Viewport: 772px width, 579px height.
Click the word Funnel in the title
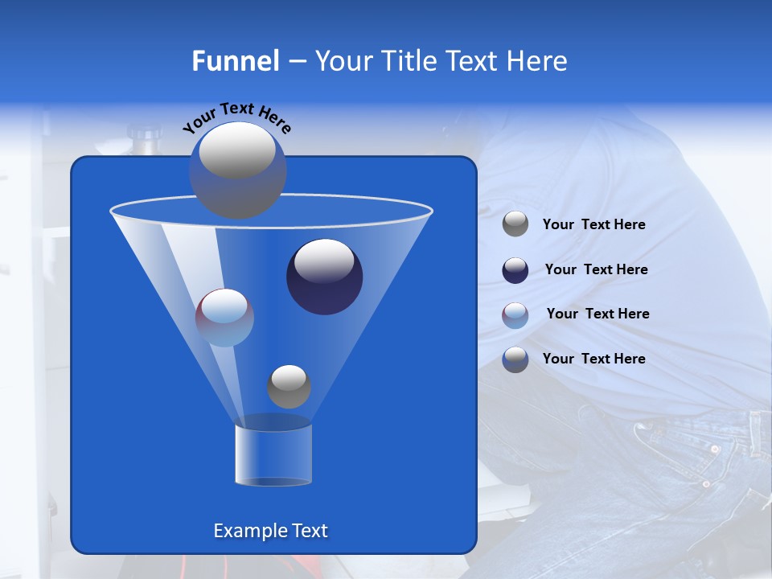coord(235,61)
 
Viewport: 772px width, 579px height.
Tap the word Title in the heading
coord(407,61)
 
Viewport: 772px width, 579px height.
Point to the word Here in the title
coord(538,61)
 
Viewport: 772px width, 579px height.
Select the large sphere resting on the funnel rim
coord(237,170)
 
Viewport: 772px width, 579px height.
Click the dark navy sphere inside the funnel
coord(325,277)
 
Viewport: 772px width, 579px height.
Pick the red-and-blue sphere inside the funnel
coord(224,318)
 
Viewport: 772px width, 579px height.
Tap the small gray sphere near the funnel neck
coord(289,386)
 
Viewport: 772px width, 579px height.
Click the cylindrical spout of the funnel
coord(273,454)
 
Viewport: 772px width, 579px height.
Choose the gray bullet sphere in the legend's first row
coord(515,224)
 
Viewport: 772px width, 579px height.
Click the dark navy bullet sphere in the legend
coord(515,270)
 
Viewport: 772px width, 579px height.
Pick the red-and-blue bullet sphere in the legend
coord(515,315)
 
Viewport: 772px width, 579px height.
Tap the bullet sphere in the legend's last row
coord(515,359)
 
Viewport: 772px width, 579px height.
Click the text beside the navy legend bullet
coord(596,269)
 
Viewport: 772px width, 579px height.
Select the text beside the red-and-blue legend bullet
coord(597,314)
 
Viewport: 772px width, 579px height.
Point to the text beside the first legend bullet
coord(593,224)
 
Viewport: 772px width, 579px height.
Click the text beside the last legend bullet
coord(593,359)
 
